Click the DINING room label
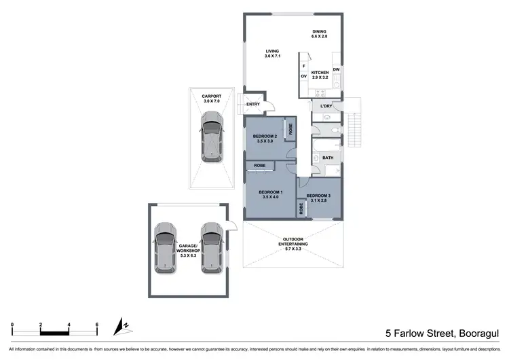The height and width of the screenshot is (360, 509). [x=319, y=32]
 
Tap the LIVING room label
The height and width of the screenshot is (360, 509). [x=272, y=51]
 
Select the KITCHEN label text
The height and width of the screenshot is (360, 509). [x=320, y=73]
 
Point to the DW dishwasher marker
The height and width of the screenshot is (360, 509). [x=336, y=69]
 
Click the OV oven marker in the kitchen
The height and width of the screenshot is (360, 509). [x=303, y=76]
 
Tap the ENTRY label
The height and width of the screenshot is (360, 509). [x=252, y=104]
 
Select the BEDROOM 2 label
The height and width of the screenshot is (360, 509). [x=265, y=137]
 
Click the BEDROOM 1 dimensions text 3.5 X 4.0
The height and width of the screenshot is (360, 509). [x=269, y=198]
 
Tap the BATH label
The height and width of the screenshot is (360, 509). [x=328, y=158]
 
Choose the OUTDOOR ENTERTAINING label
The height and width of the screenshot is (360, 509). [x=295, y=242]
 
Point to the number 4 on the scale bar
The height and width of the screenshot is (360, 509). [x=69, y=324]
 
